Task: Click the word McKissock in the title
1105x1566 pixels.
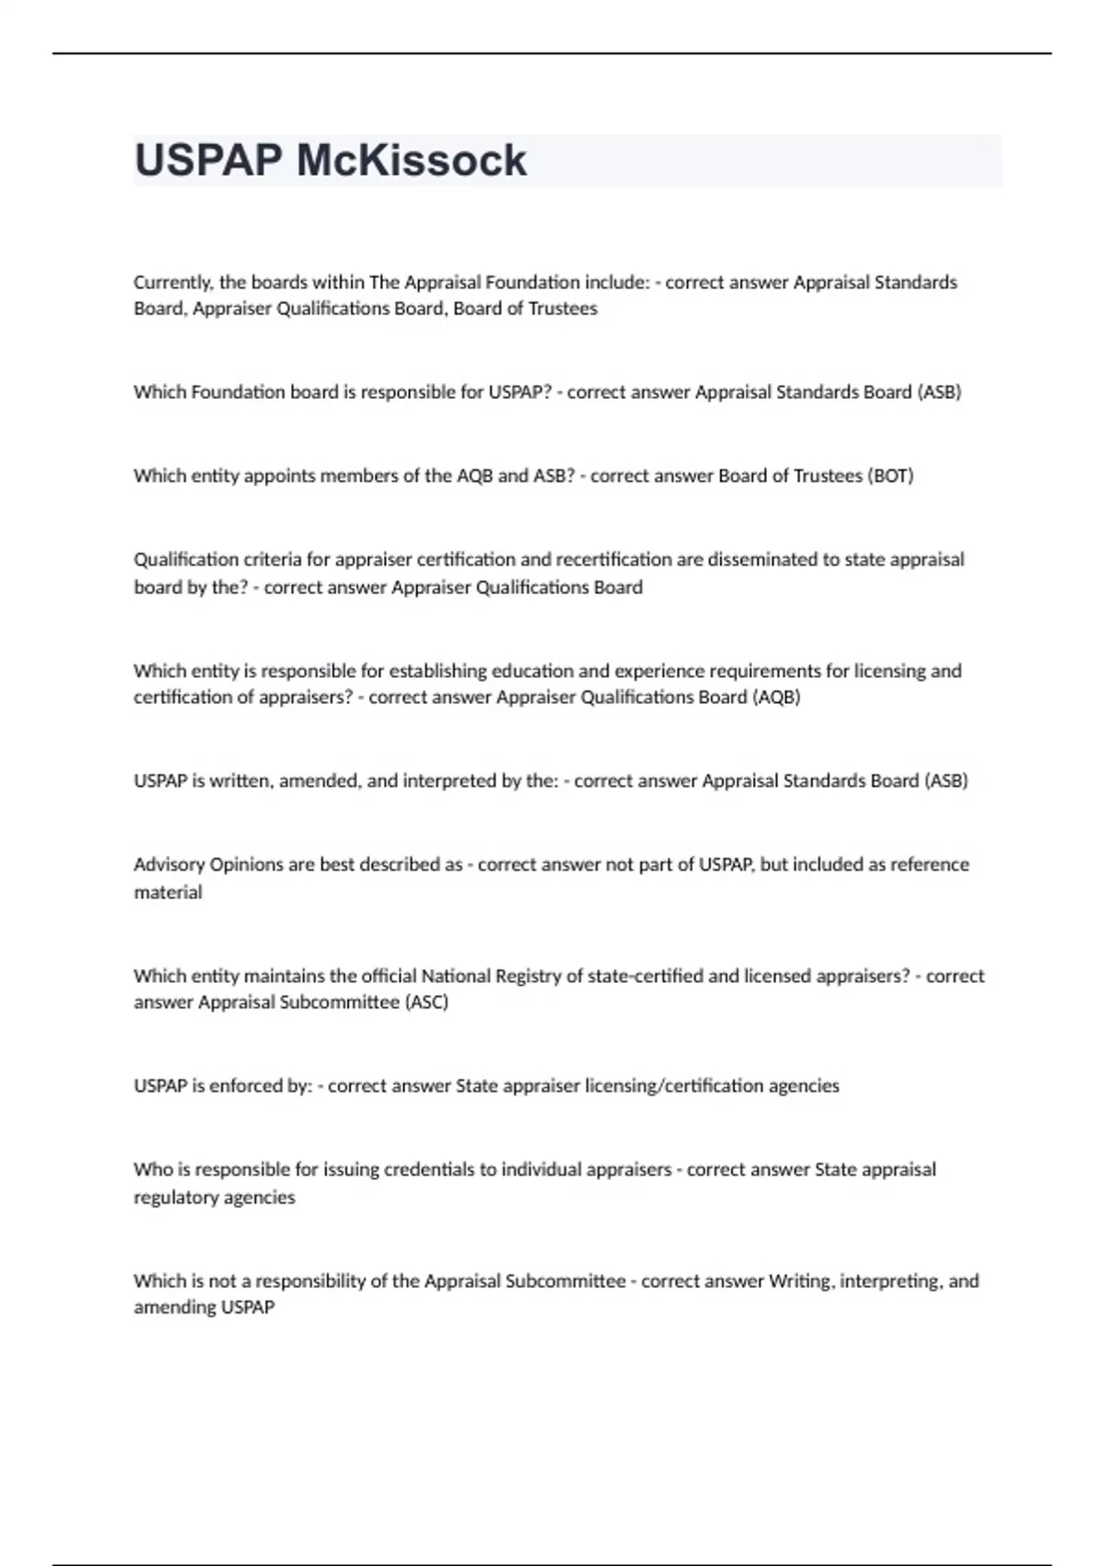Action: point(411,160)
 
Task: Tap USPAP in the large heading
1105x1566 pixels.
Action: point(208,160)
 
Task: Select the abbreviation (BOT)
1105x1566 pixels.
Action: point(890,476)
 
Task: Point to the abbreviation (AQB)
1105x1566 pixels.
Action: point(776,697)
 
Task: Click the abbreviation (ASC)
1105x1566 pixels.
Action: point(425,1002)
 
